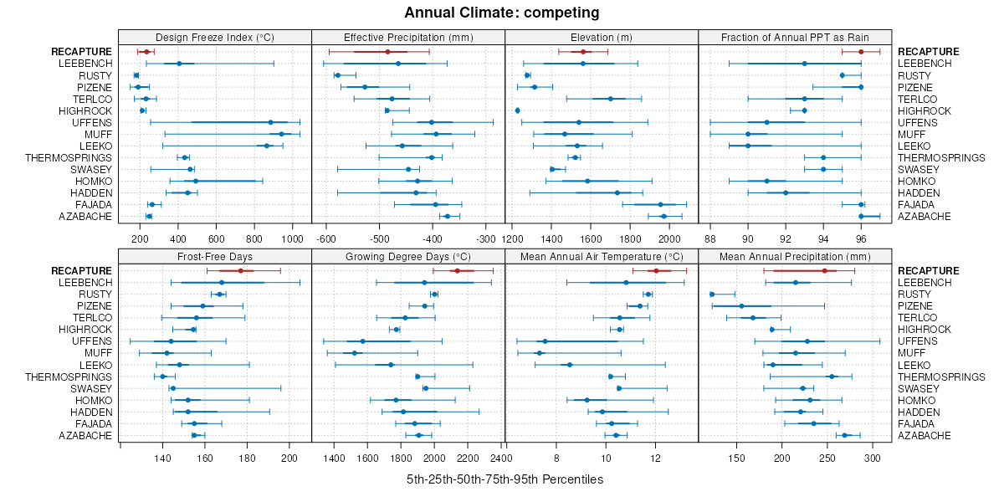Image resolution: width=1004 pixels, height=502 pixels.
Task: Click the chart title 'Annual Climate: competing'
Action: (x=501, y=13)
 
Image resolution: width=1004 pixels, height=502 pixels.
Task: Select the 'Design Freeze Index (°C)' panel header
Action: (x=215, y=37)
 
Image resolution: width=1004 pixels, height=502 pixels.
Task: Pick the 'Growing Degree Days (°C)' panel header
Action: (x=407, y=256)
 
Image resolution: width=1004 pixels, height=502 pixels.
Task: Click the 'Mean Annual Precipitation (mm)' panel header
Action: (x=794, y=256)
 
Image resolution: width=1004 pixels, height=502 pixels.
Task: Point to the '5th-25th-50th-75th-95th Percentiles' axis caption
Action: (x=505, y=479)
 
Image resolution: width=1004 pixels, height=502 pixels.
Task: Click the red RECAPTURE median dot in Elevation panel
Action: (x=583, y=52)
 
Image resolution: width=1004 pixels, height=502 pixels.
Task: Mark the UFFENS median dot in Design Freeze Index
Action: (x=270, y=122)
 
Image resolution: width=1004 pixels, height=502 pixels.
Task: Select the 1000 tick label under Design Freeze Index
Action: (x=292, y=238)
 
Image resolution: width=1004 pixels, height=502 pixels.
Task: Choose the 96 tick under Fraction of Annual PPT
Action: (x=861, y=238)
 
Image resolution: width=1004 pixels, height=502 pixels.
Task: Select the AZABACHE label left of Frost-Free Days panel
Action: (x=85, y=435)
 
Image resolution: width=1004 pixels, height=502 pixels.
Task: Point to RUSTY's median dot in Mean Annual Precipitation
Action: (x=712, y=295)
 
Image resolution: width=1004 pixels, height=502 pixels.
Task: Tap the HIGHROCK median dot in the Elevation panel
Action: (x=518, y=110)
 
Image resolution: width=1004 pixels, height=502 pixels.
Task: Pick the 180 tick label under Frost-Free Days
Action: (x=247, y=458)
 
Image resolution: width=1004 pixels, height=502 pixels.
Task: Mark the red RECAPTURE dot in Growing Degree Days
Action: (x=457, y=271)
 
